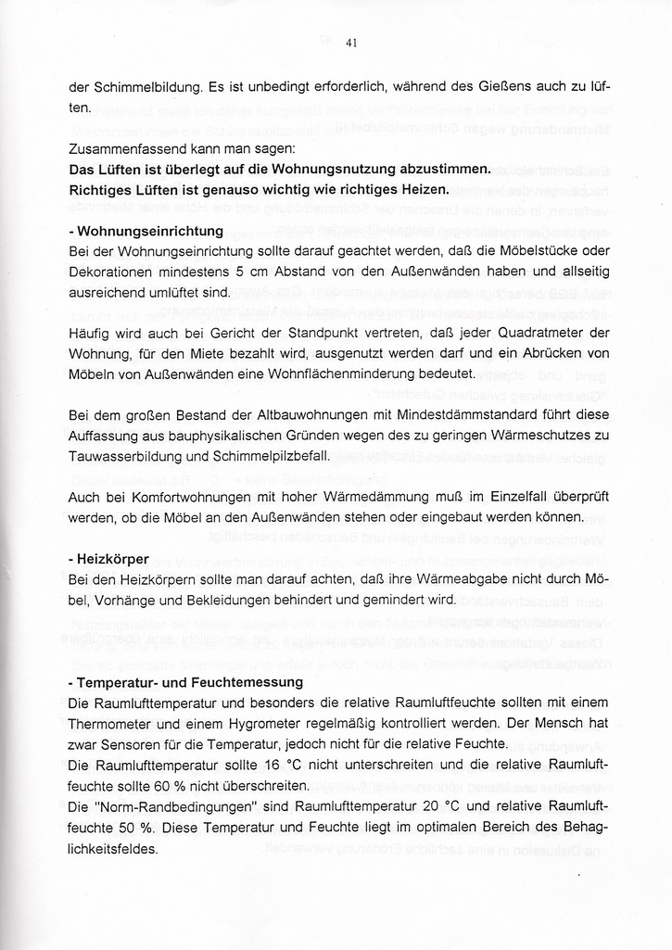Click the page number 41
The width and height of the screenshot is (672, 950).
[x=351, y=43]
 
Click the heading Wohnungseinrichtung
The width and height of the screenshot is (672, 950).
[x=149, y=231]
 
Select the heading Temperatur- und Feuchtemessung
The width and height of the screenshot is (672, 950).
[x=176, y=682]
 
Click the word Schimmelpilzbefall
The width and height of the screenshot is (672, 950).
[x=273, y=455]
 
